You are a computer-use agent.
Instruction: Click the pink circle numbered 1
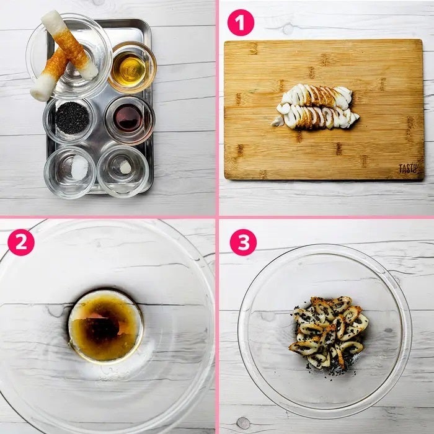[241, 23]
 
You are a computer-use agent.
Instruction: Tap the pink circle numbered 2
[21, 242]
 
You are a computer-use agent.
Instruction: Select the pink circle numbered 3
[243, 242]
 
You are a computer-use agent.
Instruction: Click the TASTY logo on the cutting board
[408, 168]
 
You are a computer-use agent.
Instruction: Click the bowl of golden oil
[132, 67]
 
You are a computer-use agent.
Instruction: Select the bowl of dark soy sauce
[130, 120]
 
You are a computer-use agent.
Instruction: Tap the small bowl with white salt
[70, 172]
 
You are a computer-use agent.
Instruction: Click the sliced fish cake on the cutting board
[315, 107]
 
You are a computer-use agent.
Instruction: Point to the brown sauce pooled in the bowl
[106, 325]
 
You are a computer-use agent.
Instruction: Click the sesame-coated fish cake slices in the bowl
[329, 332]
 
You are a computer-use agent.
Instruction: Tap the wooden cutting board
[324, 110]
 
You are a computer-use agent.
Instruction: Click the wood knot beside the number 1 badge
[288, 29]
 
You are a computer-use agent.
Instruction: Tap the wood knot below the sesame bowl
[243, 423]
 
